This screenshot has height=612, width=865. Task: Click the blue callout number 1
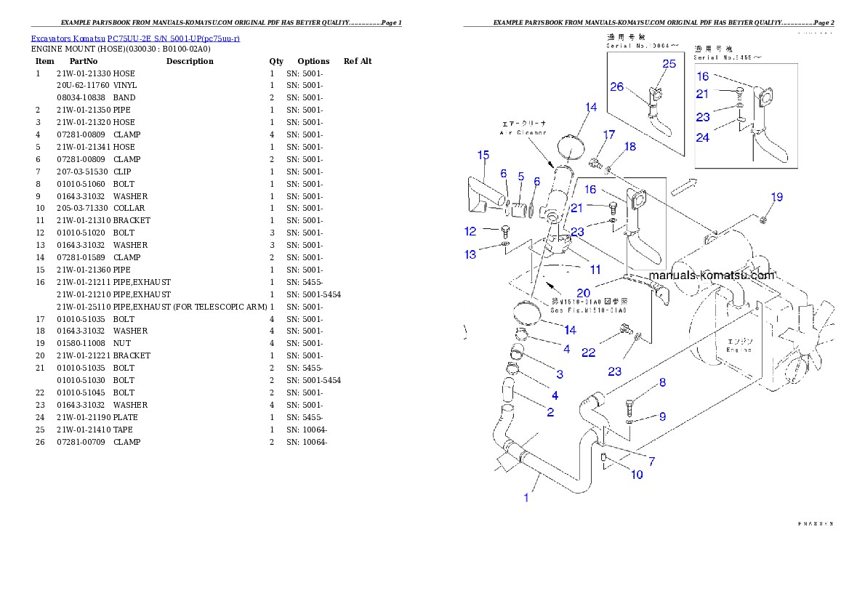(x=527, y=498)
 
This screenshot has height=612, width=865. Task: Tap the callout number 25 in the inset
(x=669, y=64)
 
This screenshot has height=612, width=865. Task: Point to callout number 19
(x=777, y=197)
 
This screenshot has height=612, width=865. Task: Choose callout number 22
(x=589, y=353)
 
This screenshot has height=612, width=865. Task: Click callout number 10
(x=637, y=475)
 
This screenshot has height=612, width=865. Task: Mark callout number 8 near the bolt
(x=662, y=382)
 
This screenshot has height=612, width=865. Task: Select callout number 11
(x=595, y=270)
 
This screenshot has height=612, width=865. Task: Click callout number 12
(x=470, y=232)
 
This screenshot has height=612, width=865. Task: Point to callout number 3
(x=560, y=374)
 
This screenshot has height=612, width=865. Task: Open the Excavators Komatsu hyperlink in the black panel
(x=135, y=38)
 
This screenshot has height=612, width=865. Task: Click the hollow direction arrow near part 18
(x=683, y=187)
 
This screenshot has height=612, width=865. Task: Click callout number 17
(x=608, y=134)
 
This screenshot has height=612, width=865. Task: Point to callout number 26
(x=617, y=86)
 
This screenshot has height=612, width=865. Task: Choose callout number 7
(x=651, y=461)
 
